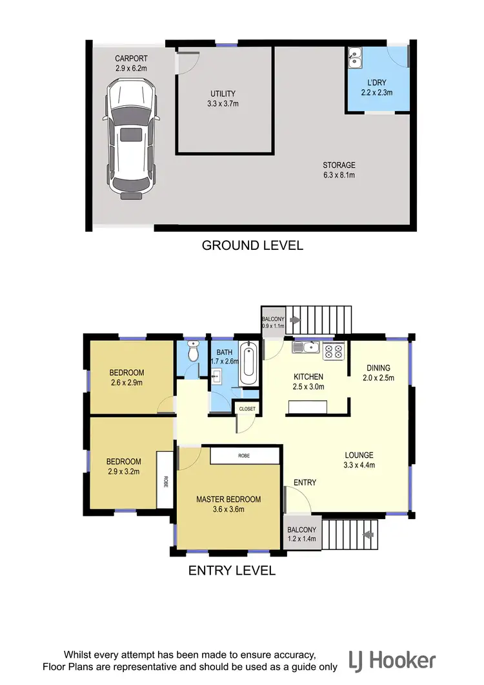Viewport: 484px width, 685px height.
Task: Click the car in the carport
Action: point(131,138)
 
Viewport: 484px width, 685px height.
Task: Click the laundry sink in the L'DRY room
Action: point(356,58)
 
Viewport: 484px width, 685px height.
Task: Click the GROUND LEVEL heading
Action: point(252,245)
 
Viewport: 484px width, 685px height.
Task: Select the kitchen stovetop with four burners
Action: point(333,351)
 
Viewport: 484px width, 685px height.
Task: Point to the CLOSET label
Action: point(247,409)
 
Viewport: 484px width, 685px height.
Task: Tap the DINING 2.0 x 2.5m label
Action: point(376,373)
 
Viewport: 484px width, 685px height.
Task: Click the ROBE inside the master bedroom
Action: point(243,455)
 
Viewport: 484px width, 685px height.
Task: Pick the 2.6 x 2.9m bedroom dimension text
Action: point(126,383)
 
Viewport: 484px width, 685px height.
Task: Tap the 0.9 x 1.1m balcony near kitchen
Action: point(269,323)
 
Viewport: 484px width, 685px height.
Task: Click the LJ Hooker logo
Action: point(392,660)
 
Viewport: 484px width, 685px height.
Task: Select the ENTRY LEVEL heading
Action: point(232,571)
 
